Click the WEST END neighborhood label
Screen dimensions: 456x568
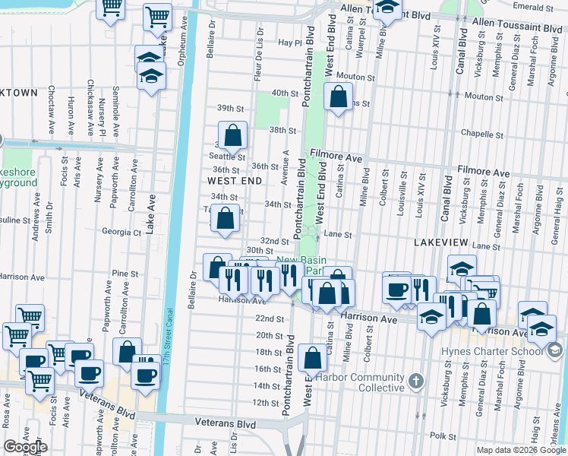(x=234, y=181)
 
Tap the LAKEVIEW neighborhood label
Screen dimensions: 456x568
(x=441, y=241)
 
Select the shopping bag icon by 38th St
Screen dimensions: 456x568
(x=234, y=136)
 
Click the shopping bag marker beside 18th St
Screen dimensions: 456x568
(x=312, y=358)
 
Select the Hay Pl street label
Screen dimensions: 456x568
(x=290, y=43)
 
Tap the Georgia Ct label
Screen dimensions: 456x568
(x=121, y=233)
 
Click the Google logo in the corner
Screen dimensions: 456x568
(x=25, y=447)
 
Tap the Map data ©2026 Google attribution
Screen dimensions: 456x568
(x=522, y=450)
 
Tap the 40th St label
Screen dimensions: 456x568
(x=285, y=93)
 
